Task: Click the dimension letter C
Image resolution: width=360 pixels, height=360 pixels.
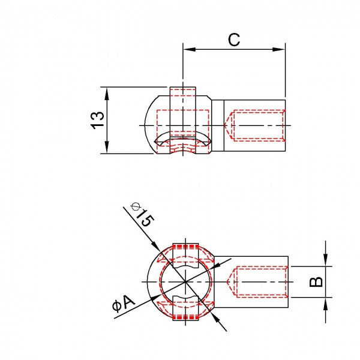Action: coord(235,40)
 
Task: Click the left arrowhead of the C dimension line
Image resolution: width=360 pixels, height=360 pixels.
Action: coord(187,50)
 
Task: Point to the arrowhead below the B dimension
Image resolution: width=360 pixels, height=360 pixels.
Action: coord(325,302)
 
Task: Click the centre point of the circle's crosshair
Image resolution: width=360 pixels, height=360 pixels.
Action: coord(187,281)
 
